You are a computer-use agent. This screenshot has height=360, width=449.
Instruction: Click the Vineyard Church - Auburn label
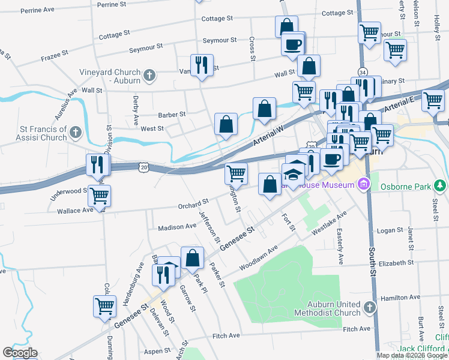click(x=110, y=76)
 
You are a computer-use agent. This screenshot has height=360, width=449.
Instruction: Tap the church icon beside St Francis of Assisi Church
click(x=76, y=131)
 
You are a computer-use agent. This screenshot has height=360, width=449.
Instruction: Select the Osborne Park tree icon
click(x=441, y=186)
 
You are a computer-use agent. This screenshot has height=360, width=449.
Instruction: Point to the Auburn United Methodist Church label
click(x=328, y=308)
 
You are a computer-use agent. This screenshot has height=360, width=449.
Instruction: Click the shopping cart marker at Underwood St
click(x=99, y=195)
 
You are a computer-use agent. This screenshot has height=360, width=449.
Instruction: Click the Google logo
click(x=20, y=353)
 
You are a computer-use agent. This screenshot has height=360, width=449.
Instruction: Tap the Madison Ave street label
click(x=177, y=227)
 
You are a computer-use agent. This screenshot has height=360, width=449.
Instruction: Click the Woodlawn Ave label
click(x=259, y=258)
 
